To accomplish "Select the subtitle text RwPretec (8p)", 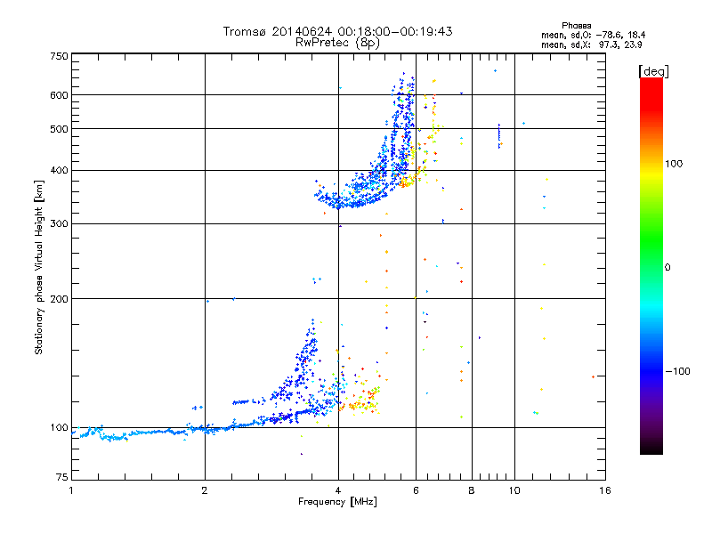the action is click(x=337, y=43).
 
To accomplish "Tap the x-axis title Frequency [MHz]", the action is click(x=337, y=502).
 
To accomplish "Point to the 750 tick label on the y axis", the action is click(x=59, y=56).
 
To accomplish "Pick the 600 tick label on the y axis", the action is click(x=59, y=95).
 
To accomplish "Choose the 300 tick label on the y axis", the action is click(x=59, y=223).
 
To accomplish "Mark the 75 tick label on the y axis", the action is click(x=62, y=477).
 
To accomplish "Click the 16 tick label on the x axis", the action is click(x=605, y=490).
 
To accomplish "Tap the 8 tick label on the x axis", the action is click(x=472, y=490).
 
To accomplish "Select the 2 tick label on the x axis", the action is click(x=205, y=490).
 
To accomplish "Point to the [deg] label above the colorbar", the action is click(x=653, y=71).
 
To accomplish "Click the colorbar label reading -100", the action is click(x=677, y=371).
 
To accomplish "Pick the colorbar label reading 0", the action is click(x=667, y=268).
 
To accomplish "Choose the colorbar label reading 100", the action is click(x=674, y=164).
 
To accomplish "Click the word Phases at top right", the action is click(x=576, y=26).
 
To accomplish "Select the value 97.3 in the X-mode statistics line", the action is click(x=609, y=44).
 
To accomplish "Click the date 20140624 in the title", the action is click(x=302, y=31).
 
